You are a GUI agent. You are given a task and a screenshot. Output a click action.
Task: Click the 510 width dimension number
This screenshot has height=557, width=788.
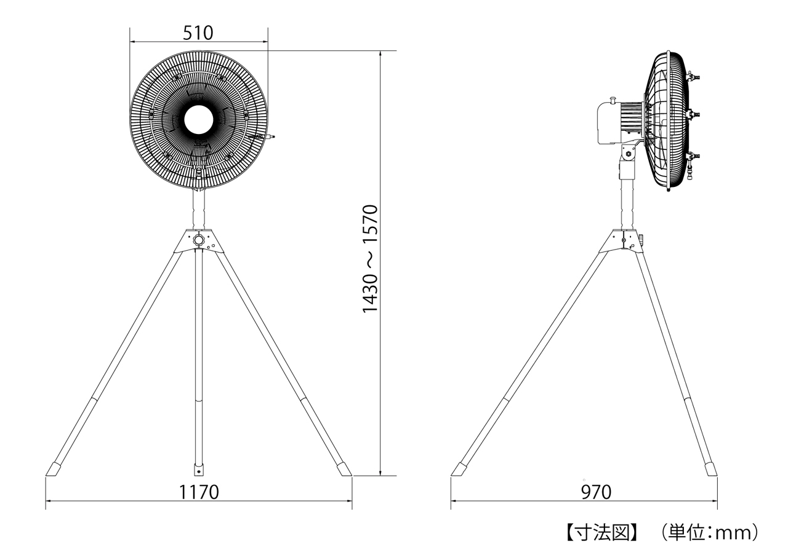pos(198,33)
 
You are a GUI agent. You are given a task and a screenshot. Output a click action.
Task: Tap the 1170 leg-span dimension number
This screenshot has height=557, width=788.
pos(199,492)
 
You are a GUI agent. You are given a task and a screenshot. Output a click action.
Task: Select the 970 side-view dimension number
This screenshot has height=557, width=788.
pos(596,492)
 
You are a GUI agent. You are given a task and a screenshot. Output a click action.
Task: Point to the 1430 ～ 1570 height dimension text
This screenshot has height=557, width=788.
pos(370,259)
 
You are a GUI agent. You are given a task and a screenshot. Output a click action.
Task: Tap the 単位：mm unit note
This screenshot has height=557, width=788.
pos(709,533)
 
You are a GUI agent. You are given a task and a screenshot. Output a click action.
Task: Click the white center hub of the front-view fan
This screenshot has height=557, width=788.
pos(199,120)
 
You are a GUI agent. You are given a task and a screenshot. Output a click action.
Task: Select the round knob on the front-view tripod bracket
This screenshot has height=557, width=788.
pos(199,240)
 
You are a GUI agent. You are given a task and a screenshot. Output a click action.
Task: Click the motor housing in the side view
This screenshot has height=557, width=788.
pos(609,123)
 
